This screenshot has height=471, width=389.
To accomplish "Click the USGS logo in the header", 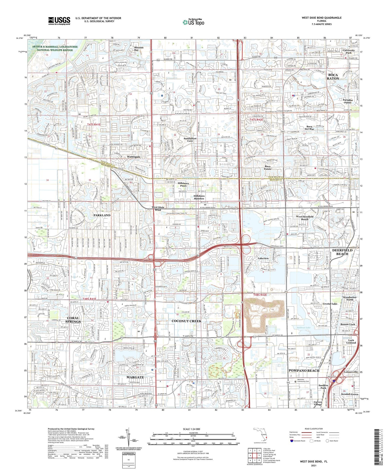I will click(59, 21).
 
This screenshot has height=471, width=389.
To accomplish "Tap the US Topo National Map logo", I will click(193, 22).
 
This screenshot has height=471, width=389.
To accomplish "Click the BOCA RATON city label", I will click(333, 77).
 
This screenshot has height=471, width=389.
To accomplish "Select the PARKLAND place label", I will click(102, 215).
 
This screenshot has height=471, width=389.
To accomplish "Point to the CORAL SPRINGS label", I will click(73, 320).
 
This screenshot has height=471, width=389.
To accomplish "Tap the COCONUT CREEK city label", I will click(186, 321).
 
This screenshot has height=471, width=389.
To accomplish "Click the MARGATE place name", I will click(135, 377).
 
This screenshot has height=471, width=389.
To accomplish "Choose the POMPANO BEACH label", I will click(304, 370).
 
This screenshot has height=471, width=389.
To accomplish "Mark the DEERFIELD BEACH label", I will click(342, 252).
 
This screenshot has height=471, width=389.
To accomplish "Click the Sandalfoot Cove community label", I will click(190, 140).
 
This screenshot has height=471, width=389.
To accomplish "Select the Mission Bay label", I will click(139, 49).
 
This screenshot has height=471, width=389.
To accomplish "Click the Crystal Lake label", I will click(330, 304).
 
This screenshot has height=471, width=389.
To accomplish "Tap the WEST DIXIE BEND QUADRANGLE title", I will click(322, 18).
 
